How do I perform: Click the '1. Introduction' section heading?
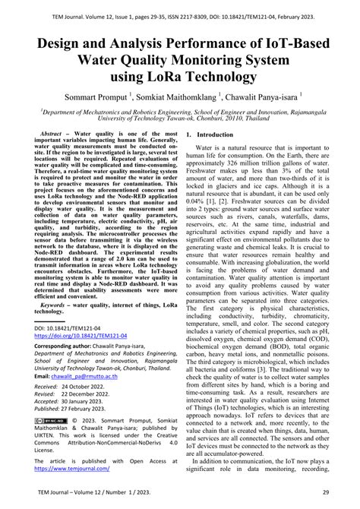click(x=210, y=134)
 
